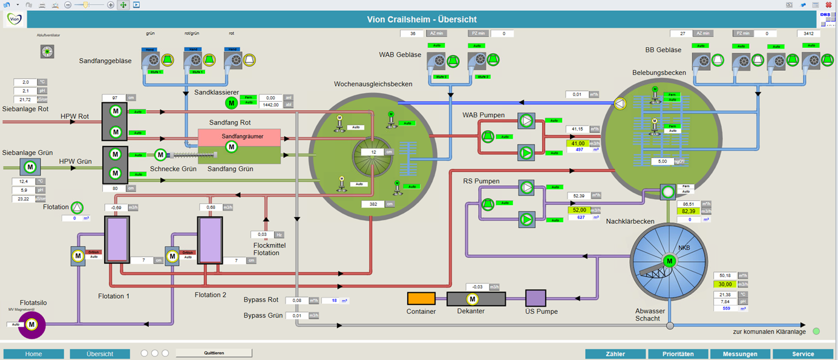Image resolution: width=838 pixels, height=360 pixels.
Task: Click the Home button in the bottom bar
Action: [33, 354]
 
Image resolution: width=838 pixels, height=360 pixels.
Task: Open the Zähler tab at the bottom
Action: [615, 354]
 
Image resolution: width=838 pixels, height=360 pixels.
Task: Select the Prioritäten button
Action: [678, 354]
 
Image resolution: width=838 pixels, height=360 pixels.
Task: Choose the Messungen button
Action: [740, 354]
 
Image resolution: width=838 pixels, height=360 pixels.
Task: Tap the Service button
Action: [803, 354]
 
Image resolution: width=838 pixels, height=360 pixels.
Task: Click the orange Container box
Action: [421, 298]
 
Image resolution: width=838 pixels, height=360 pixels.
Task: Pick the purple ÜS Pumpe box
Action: [535, 298]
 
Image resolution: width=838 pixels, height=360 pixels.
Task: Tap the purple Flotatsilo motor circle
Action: [31, 325]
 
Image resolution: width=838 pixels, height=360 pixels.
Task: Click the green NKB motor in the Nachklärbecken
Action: [669, 261]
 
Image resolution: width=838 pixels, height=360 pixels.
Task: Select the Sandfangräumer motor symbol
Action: [231, 147]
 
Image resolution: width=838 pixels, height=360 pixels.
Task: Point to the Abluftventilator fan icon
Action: [47, 52]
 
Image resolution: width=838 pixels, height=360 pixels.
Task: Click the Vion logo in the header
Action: [15, 19]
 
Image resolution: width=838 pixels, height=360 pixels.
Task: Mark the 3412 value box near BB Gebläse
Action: [808, 34]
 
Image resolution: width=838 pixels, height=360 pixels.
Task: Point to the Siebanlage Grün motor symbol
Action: [29, 165]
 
